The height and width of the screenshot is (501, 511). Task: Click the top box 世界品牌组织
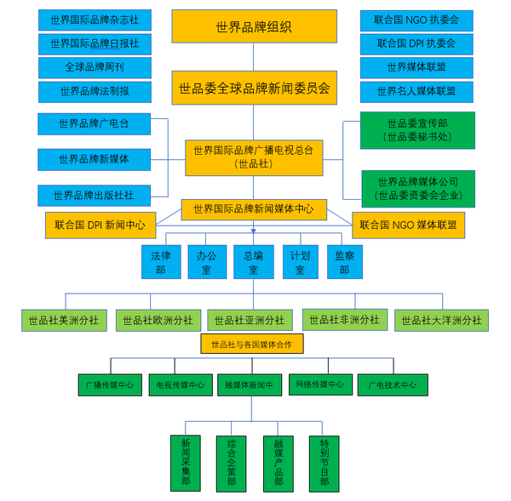tap(254, 26)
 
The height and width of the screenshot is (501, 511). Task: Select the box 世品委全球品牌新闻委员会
tap(254, 88)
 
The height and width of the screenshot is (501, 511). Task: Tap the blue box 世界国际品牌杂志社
tap(95, 20)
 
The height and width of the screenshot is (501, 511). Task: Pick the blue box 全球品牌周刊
tap(95, 68)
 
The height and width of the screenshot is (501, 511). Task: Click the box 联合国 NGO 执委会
tap(416, 20)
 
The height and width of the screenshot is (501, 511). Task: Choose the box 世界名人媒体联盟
tap(416, 92)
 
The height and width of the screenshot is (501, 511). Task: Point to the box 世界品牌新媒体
tap(95, 160)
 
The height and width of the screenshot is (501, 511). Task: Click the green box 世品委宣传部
tap(417, 130)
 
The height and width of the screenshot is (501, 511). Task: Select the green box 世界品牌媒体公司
tap(418, 189)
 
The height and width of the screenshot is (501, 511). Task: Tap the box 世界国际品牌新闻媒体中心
tap(254, 209)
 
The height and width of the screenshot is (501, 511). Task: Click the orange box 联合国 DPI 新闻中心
tap(100, 225)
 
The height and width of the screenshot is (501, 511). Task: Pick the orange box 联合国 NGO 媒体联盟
tap(408, 225)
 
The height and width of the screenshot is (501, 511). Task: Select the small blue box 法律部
tap(161, 262)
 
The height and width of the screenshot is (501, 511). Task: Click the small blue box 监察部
tap(345, 262)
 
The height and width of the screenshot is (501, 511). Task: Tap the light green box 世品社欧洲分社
tap(158, 321)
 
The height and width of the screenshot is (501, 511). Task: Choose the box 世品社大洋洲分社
tap(441, 321)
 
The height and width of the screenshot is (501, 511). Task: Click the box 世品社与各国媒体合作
tap(252, 344)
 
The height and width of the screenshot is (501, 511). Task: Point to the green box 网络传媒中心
tap(321, 384)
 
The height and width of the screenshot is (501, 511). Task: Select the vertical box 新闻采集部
tap(186, 463)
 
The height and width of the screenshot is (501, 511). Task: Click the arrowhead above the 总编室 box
tap(254, 231)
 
